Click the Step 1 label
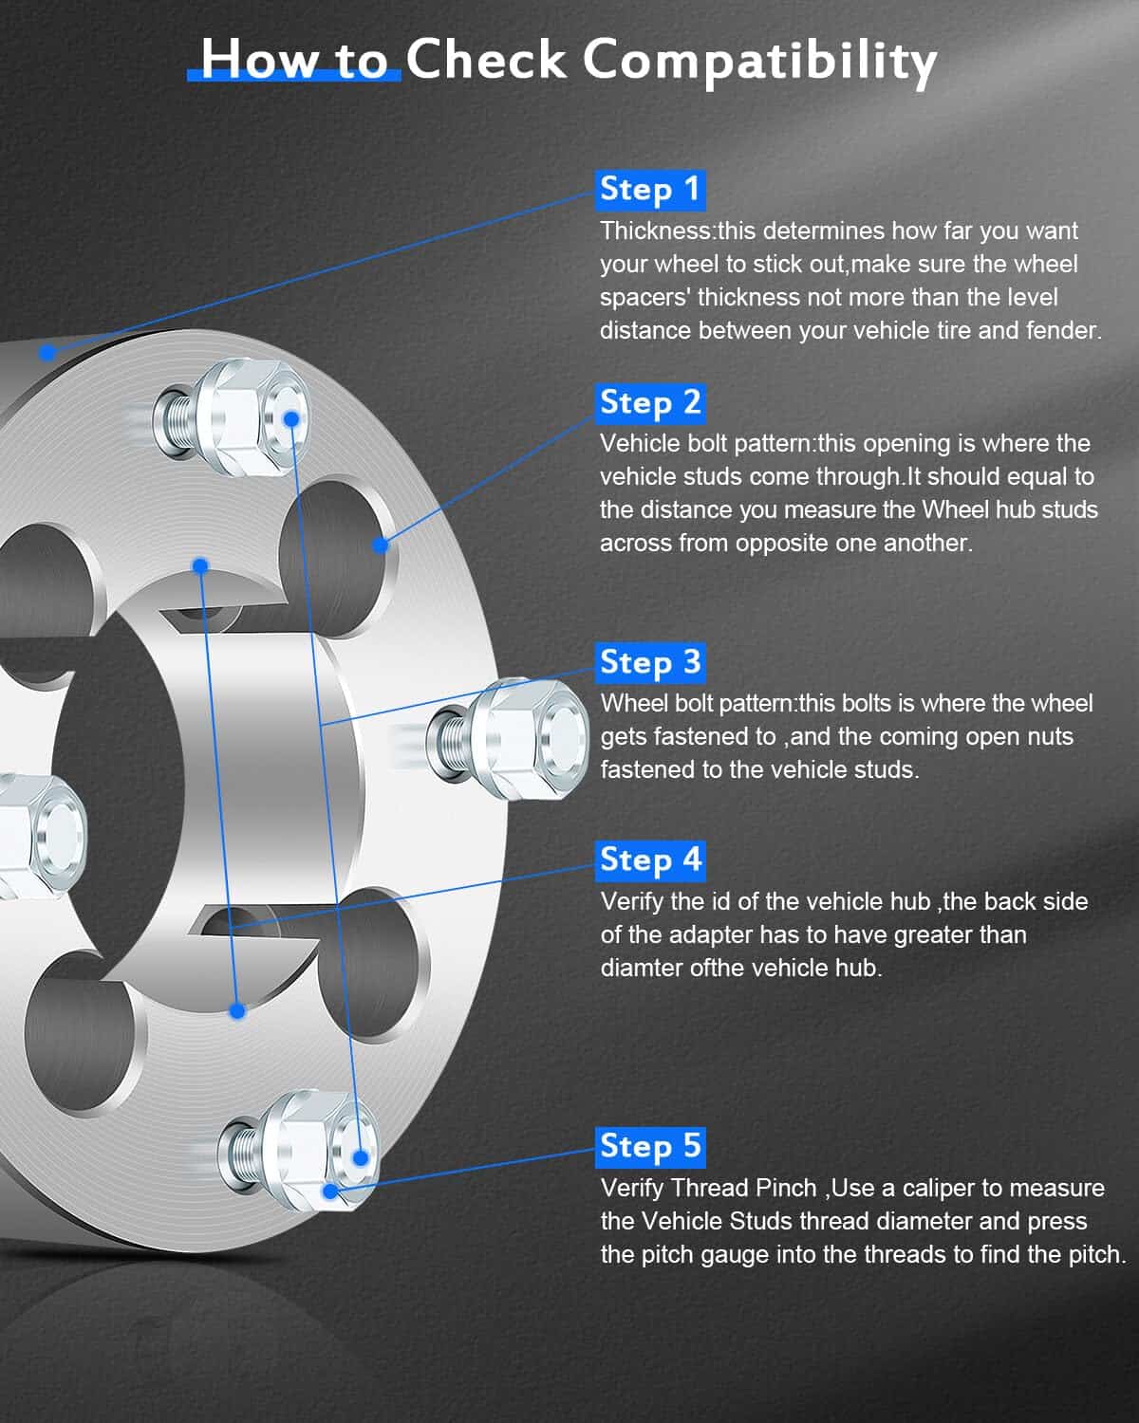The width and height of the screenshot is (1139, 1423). (x=650, y=191)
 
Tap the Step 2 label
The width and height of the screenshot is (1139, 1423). (x=650, y=402)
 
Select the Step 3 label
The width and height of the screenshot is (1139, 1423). (x=650, y=662)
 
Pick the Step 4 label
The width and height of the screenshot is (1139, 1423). (x=650, y=861)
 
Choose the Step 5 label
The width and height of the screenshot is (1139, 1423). (x=650, y=1147)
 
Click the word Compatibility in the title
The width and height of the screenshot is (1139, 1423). (x=759, y=62)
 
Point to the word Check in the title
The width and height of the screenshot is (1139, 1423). (x=486, y=59)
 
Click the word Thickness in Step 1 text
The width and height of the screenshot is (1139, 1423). (x=655, y=231)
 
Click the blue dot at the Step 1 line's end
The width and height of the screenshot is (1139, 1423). (x=47, y=353)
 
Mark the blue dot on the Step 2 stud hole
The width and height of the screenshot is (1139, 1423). (x=380, y=545)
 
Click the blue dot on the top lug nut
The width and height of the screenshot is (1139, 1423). (x=291, y=418)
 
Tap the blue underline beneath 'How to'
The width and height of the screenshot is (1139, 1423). (x=294, y=76)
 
